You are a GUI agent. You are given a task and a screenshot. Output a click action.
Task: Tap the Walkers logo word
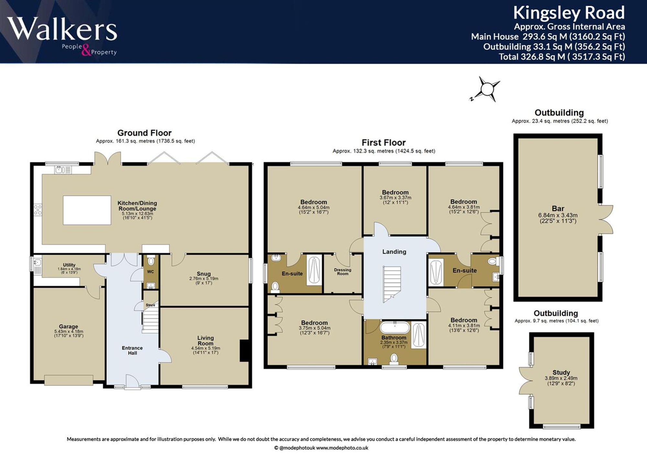[62, 29]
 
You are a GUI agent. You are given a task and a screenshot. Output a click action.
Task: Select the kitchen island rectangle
[87, 210]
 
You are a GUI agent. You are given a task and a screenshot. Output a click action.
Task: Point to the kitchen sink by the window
[63, 170]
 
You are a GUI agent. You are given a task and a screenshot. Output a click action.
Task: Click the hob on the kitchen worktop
[38, 210]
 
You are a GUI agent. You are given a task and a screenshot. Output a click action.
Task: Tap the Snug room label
[204, 274]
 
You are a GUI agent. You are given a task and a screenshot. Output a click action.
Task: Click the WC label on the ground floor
[150, 272]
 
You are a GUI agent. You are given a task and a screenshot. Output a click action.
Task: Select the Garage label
[69, 327]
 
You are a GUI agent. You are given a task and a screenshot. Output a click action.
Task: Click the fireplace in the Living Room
[244, 350]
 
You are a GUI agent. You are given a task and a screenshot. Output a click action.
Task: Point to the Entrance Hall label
[132, 351]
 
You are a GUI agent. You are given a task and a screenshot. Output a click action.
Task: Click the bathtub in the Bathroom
[395, 328]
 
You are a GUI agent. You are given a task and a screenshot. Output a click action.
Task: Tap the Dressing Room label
[343, 272]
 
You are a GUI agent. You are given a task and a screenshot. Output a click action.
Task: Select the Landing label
[394, 251]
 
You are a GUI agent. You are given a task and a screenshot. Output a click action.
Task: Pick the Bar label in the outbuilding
[558, 209]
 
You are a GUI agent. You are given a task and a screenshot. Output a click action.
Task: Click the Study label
[561, 373]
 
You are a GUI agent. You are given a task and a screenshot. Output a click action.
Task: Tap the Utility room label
[69, 265]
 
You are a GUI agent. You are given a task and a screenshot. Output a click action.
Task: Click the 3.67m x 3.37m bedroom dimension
[395, 197]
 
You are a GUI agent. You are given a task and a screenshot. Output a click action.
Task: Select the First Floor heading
[384, 142]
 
